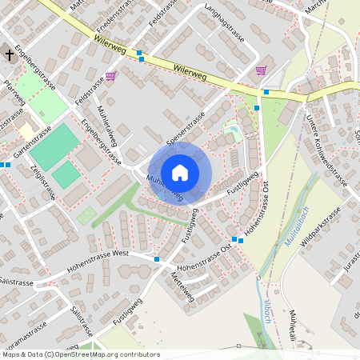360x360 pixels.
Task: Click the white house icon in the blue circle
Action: point(180,173)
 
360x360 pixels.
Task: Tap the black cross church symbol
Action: point(10,55)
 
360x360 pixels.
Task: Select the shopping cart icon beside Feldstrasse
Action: point(110,77)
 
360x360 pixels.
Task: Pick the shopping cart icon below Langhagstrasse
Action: point(261,70)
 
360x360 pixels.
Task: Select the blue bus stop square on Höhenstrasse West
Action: point(157,259)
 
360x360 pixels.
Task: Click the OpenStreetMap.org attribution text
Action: point(99,354)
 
